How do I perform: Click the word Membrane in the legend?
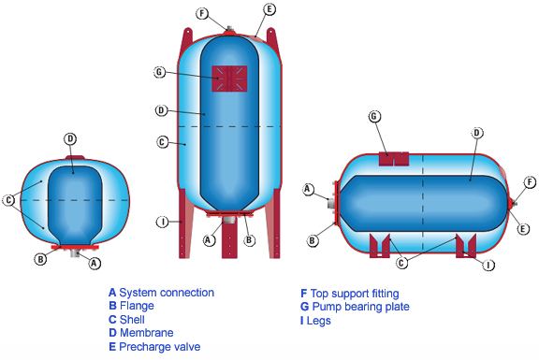[x=146, y=333]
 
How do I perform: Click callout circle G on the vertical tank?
[x=159, y=73]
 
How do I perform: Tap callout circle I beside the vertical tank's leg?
[x=163, y=222]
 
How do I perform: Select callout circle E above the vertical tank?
[x=269, y=9]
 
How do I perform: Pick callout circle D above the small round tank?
[x=70, y=139]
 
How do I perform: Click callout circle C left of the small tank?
[x=9, y=200]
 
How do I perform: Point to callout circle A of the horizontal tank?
[x=308, y=189]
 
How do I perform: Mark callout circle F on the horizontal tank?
[x=530, y=182]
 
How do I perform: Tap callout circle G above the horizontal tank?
[x=374, y=117]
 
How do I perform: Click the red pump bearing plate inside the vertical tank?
[x=229, y=79]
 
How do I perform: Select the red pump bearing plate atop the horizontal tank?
[x=394, y=159]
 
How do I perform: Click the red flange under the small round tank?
[x=75, y=247]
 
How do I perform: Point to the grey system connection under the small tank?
[x=75, y=253]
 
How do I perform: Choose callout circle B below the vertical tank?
[x=250, y=240]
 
